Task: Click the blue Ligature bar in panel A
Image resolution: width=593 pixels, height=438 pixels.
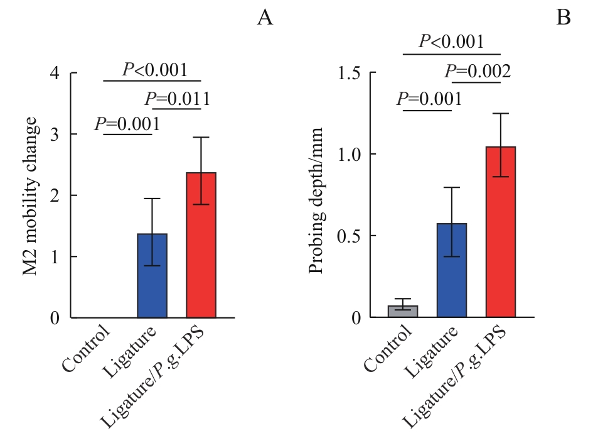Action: tap(151, 275)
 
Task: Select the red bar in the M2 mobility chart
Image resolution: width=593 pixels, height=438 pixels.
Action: tap(201, 245)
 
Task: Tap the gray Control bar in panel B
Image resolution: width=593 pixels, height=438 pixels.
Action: tap(402, 311)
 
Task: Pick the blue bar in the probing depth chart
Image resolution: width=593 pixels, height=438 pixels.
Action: tap(451, 270)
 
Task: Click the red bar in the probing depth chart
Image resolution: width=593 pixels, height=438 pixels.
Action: tap(500, 233)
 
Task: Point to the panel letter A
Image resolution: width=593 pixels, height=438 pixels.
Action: tap(265, 18)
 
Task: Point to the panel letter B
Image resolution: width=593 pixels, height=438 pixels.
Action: tap(564, 18)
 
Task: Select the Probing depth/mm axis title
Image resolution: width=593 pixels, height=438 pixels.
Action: tap(316, 200)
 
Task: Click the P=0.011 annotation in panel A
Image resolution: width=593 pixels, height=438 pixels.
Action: tap(177, 99)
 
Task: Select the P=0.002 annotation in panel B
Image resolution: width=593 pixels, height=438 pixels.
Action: tap(478, 72)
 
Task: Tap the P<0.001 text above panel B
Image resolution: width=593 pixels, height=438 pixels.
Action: tap(451, 42)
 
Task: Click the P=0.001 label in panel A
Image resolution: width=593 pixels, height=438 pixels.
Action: tap(127, 124)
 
